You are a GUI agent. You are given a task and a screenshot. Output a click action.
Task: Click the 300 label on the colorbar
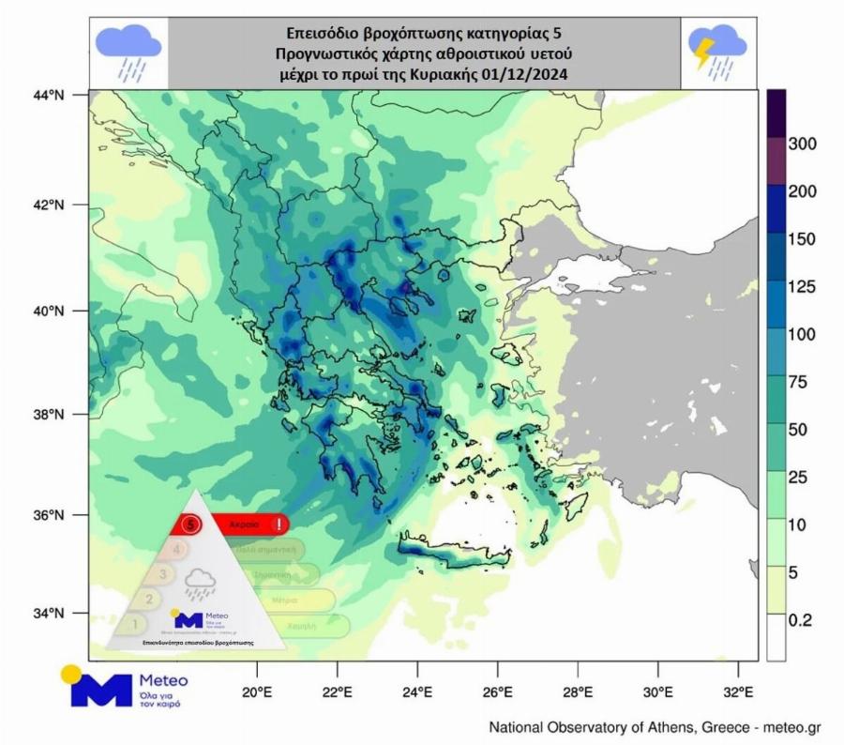804,144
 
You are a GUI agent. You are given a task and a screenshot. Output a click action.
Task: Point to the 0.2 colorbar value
803,620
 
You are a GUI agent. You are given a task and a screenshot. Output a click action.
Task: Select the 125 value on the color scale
804,286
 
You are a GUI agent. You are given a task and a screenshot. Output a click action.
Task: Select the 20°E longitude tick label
256,695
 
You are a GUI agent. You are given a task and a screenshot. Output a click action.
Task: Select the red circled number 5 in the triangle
191,524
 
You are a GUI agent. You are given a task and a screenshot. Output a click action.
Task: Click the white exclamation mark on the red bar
279,524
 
